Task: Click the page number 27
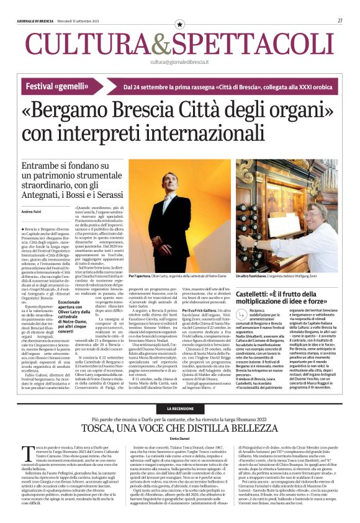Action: [340, 20]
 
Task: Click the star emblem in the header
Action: [180, 24]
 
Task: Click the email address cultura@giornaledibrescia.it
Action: [180, 62]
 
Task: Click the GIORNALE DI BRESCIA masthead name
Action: [36, 20]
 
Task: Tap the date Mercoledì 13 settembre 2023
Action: [79, 20]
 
